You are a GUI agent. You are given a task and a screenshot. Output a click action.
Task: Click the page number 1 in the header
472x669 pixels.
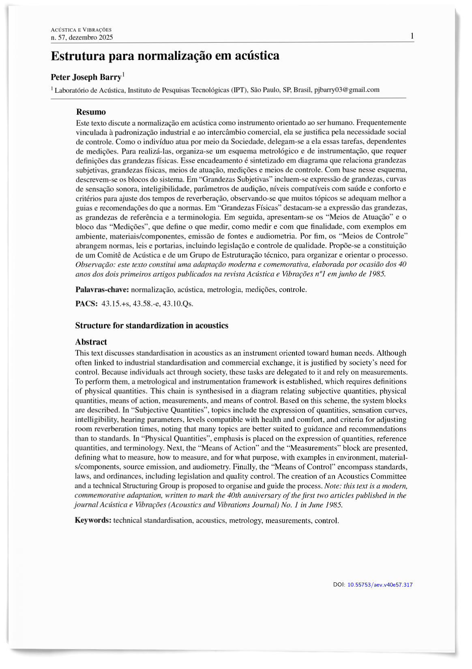pyautogui.click(x=412, y=36)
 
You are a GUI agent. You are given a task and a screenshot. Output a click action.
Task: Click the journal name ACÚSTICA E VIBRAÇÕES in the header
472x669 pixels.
pyautogui.click(x=81, y=30)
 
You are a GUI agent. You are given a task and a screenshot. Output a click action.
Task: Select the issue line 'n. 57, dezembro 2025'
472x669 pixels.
pyautogui.click(x=82, y=38)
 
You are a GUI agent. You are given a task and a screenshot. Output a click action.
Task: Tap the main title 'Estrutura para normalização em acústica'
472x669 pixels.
pyautogui.click(x=165, y=55)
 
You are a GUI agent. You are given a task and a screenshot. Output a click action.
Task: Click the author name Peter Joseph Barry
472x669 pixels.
pyautogui.click(x=86, y=77)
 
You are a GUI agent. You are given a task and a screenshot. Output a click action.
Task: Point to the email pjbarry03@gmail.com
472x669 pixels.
pyautogui.click(x=347, y=89)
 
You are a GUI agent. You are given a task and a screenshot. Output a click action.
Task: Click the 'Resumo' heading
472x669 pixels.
pyautogui.click(x=91, y=112)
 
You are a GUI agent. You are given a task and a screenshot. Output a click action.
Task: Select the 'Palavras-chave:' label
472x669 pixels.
pyautogui.click(x=102, y=290)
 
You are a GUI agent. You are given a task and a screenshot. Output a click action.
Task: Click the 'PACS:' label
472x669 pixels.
pyautogui.click(x=86, y=304)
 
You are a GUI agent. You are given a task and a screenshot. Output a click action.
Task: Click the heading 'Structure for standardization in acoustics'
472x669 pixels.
pyautogui.click(x=152, y=326)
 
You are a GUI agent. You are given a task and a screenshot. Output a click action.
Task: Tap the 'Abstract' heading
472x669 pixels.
pyautogui.click(x=91, y=342)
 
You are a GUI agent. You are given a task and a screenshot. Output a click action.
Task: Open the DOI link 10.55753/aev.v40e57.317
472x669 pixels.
pyautogui.click(x=380, y=585)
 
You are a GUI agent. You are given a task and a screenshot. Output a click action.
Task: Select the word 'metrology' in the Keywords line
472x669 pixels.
pyautogui.click(x=245, y=520)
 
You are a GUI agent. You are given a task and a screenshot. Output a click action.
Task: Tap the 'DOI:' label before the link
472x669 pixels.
pyautogui.click(x=339, y=585)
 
